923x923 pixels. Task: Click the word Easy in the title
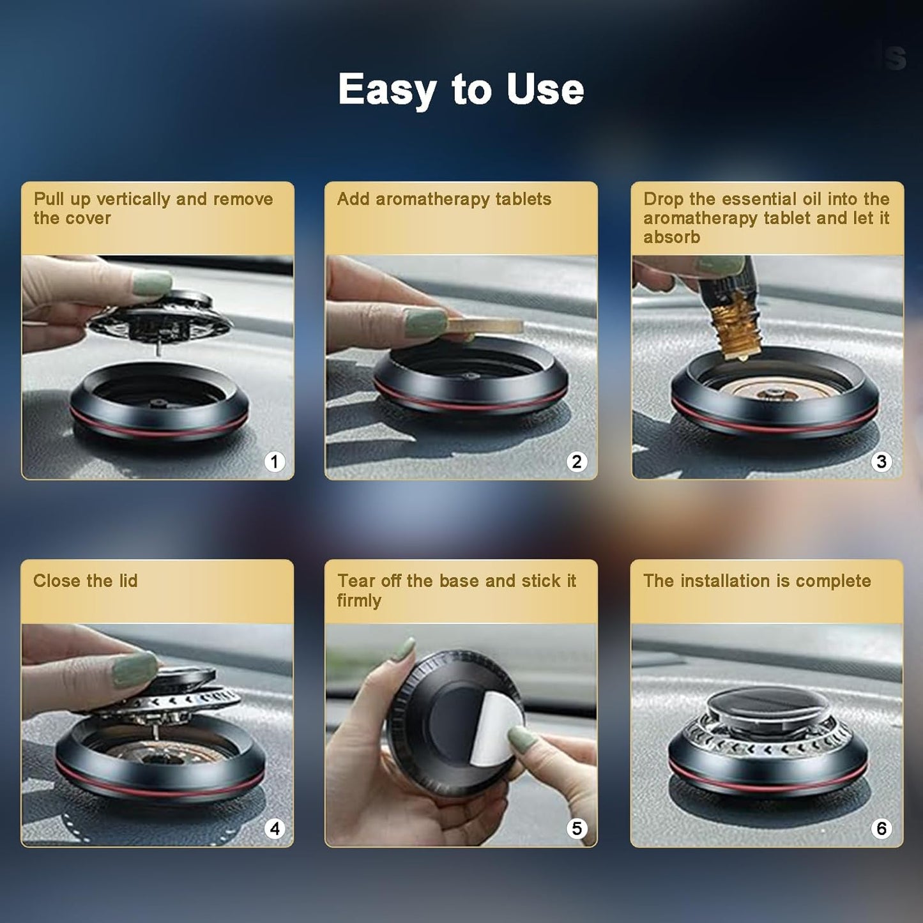tap(386, 89)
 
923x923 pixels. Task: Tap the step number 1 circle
tap(275, 461)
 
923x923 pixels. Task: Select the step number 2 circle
tap(577, 461)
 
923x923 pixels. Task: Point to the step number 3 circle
tap(881, 461)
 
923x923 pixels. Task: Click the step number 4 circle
tap(275, 828)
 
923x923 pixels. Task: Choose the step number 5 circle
tap(577, 828)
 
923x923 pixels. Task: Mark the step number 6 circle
tap(881, 828)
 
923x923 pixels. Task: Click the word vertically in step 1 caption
tap(133, 199)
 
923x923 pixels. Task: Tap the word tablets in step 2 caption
tap(523, 199)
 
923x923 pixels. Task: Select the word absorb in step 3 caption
tap(671, 238)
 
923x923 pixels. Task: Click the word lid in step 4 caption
tap(128, 581)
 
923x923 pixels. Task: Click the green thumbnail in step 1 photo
tap(152, 282)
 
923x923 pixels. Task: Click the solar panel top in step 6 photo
tap(768, 698)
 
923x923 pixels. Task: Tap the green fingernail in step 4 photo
tap(134, 669)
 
